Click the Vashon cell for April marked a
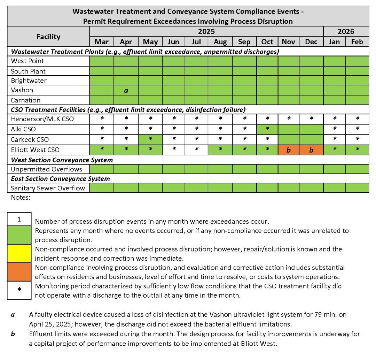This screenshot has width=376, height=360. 126,90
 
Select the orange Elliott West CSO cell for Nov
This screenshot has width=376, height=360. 288,150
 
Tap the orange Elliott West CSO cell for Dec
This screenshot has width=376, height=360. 311,150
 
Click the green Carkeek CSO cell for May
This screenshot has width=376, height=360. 150,139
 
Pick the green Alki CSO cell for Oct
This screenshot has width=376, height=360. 267,129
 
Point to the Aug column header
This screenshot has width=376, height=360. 220,42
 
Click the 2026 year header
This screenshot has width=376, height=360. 346,32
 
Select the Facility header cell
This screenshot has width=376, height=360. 48,37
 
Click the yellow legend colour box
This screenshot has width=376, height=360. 19,253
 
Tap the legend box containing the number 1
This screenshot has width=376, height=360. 19,219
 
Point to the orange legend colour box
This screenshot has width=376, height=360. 19,272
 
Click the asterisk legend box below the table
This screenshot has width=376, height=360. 19,290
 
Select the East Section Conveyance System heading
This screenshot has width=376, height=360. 60,179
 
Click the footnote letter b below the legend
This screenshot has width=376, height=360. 13,334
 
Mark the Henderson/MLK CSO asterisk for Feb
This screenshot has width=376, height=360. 357,119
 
